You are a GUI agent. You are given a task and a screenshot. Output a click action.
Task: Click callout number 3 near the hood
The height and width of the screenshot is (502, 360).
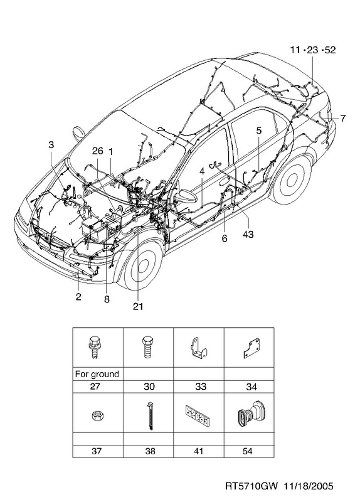pos(51,145)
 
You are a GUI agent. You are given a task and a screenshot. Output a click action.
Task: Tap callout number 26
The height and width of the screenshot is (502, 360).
pos(98,151)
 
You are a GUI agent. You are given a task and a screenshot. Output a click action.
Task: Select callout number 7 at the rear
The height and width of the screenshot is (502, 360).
pos(342,119)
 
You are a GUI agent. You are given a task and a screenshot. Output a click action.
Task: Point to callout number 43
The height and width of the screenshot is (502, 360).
pos(248,234)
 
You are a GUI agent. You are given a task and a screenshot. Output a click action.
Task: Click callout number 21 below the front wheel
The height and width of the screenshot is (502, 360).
pos(138,306)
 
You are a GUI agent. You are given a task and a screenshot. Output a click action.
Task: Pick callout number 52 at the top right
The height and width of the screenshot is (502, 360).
pos(330,50)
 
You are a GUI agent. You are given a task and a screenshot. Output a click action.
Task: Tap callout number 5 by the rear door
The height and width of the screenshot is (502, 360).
pos(259,131)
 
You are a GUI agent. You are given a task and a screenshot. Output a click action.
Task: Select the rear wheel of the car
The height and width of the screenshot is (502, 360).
pos(292,180)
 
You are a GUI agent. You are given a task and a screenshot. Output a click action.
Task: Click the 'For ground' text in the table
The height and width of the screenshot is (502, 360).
pos(97,374)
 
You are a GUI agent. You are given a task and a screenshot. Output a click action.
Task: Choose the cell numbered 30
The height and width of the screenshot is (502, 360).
pos(149,387)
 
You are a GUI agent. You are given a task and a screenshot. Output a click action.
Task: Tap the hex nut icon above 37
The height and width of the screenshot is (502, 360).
pos(98,416)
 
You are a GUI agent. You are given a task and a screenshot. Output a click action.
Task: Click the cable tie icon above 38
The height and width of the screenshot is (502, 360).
pos(150,415)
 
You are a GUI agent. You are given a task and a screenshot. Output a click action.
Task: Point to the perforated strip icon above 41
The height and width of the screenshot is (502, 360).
pos(198,415)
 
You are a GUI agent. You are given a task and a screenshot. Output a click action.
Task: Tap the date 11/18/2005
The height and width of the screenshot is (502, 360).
pos(308,486)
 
